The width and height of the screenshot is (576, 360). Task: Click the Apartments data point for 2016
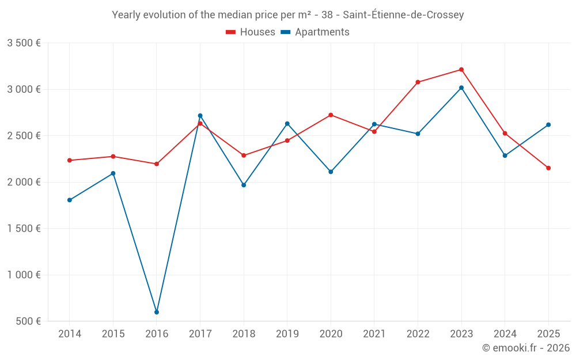(157, 312)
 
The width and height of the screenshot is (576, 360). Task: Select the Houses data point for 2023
(461, 70)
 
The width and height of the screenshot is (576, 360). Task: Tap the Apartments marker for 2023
(461, 88)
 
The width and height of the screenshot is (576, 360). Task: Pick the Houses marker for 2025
(548, 168)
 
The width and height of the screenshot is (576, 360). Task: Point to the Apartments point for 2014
(70, 200)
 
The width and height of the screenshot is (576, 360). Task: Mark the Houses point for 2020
(331, 115)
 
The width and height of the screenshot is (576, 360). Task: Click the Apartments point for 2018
(244, 185)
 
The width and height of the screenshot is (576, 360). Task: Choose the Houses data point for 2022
(418, 82)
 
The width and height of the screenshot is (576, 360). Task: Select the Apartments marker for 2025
(548, 124)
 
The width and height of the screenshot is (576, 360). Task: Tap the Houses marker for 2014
(70, 160)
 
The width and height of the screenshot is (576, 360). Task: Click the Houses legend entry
(251, 32)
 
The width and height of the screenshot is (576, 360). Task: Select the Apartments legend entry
(315, 32)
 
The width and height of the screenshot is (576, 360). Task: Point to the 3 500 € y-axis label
(24, 43)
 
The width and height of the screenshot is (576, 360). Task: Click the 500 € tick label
(28, 321)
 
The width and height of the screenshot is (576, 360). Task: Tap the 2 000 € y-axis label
(24, 182)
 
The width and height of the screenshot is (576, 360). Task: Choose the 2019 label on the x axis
(287, 334)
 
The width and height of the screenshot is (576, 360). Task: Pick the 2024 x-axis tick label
(505, 334)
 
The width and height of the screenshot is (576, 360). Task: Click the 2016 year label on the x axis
(157, 334)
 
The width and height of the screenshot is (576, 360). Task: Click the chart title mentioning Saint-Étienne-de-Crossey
(287, 15)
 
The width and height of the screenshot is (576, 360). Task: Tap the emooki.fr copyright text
(525, 348)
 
